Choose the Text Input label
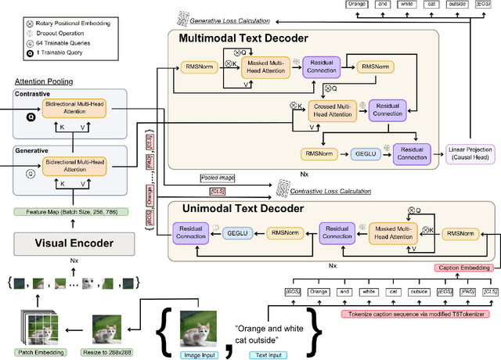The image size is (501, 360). (269, 354)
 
